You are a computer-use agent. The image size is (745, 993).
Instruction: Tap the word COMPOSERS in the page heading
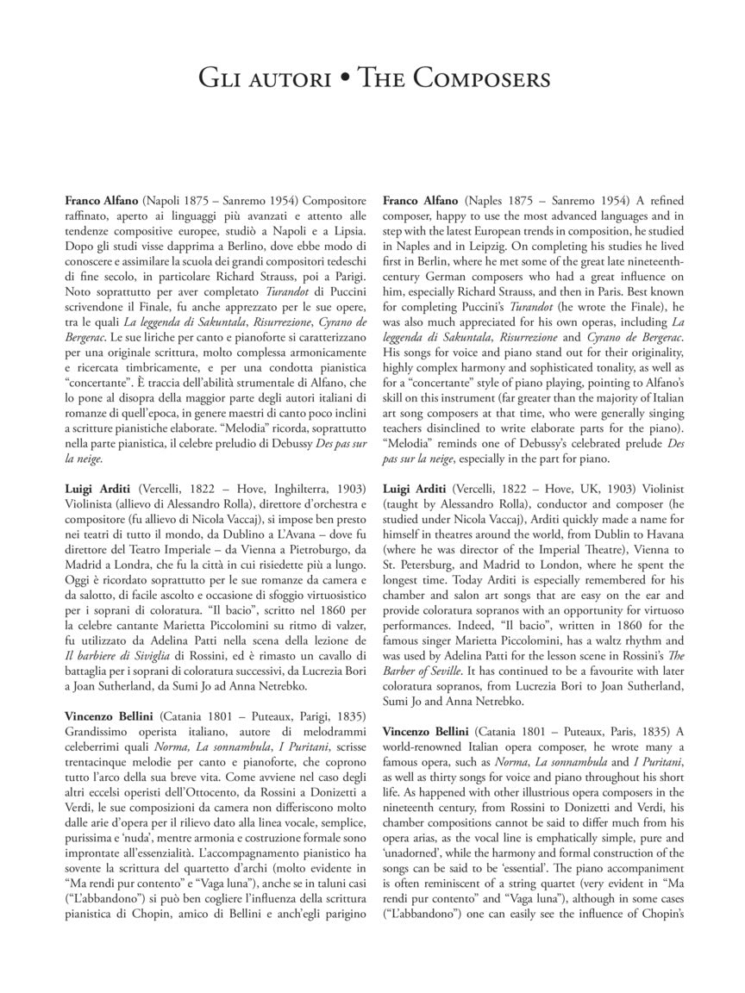coord(481,79)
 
